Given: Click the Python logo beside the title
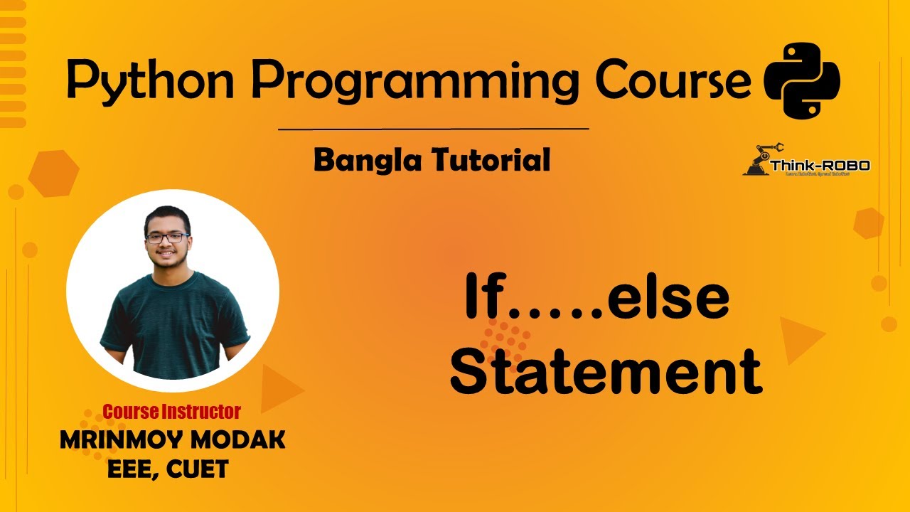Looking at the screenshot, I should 801,80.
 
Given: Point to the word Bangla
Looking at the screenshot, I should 365,161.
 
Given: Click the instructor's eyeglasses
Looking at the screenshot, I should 167,238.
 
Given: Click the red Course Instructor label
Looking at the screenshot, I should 171,411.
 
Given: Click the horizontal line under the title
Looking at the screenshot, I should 433,129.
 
